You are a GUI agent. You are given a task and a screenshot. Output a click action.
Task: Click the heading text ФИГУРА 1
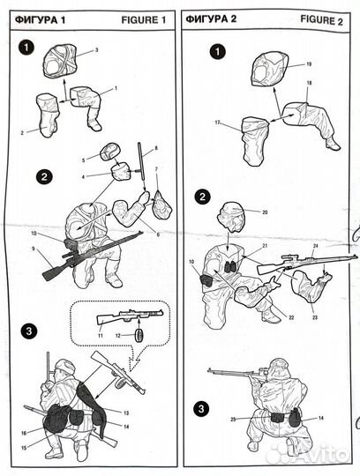40,20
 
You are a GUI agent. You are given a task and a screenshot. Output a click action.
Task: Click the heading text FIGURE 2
322,20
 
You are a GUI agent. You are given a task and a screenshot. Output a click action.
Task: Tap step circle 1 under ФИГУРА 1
26,48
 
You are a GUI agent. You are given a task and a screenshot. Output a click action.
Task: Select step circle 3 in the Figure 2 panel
201,409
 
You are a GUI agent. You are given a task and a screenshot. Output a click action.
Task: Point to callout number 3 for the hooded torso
96,50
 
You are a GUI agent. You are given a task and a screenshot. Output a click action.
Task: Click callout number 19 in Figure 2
309,64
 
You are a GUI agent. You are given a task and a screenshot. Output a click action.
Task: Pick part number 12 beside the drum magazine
118,336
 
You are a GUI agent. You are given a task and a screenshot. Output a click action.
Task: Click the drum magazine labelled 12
139,335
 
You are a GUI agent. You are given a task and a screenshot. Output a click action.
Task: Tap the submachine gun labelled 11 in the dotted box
131,316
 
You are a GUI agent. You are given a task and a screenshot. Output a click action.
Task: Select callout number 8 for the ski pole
156,148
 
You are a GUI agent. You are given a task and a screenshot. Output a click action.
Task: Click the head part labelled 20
231,217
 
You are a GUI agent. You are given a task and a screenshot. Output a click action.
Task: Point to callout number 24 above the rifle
315,246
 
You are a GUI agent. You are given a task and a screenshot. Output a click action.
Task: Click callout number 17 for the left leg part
217,123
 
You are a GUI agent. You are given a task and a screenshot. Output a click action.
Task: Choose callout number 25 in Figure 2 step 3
233,420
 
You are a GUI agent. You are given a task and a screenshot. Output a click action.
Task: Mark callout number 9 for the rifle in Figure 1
34,249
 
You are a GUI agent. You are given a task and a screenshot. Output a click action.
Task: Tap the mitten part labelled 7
162,204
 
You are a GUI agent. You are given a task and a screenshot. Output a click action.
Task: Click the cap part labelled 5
110,152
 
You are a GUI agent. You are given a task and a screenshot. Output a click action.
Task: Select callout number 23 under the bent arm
315,317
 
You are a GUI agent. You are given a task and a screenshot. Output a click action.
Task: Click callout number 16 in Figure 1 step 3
24,433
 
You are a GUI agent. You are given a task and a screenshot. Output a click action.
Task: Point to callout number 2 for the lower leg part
22,132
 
